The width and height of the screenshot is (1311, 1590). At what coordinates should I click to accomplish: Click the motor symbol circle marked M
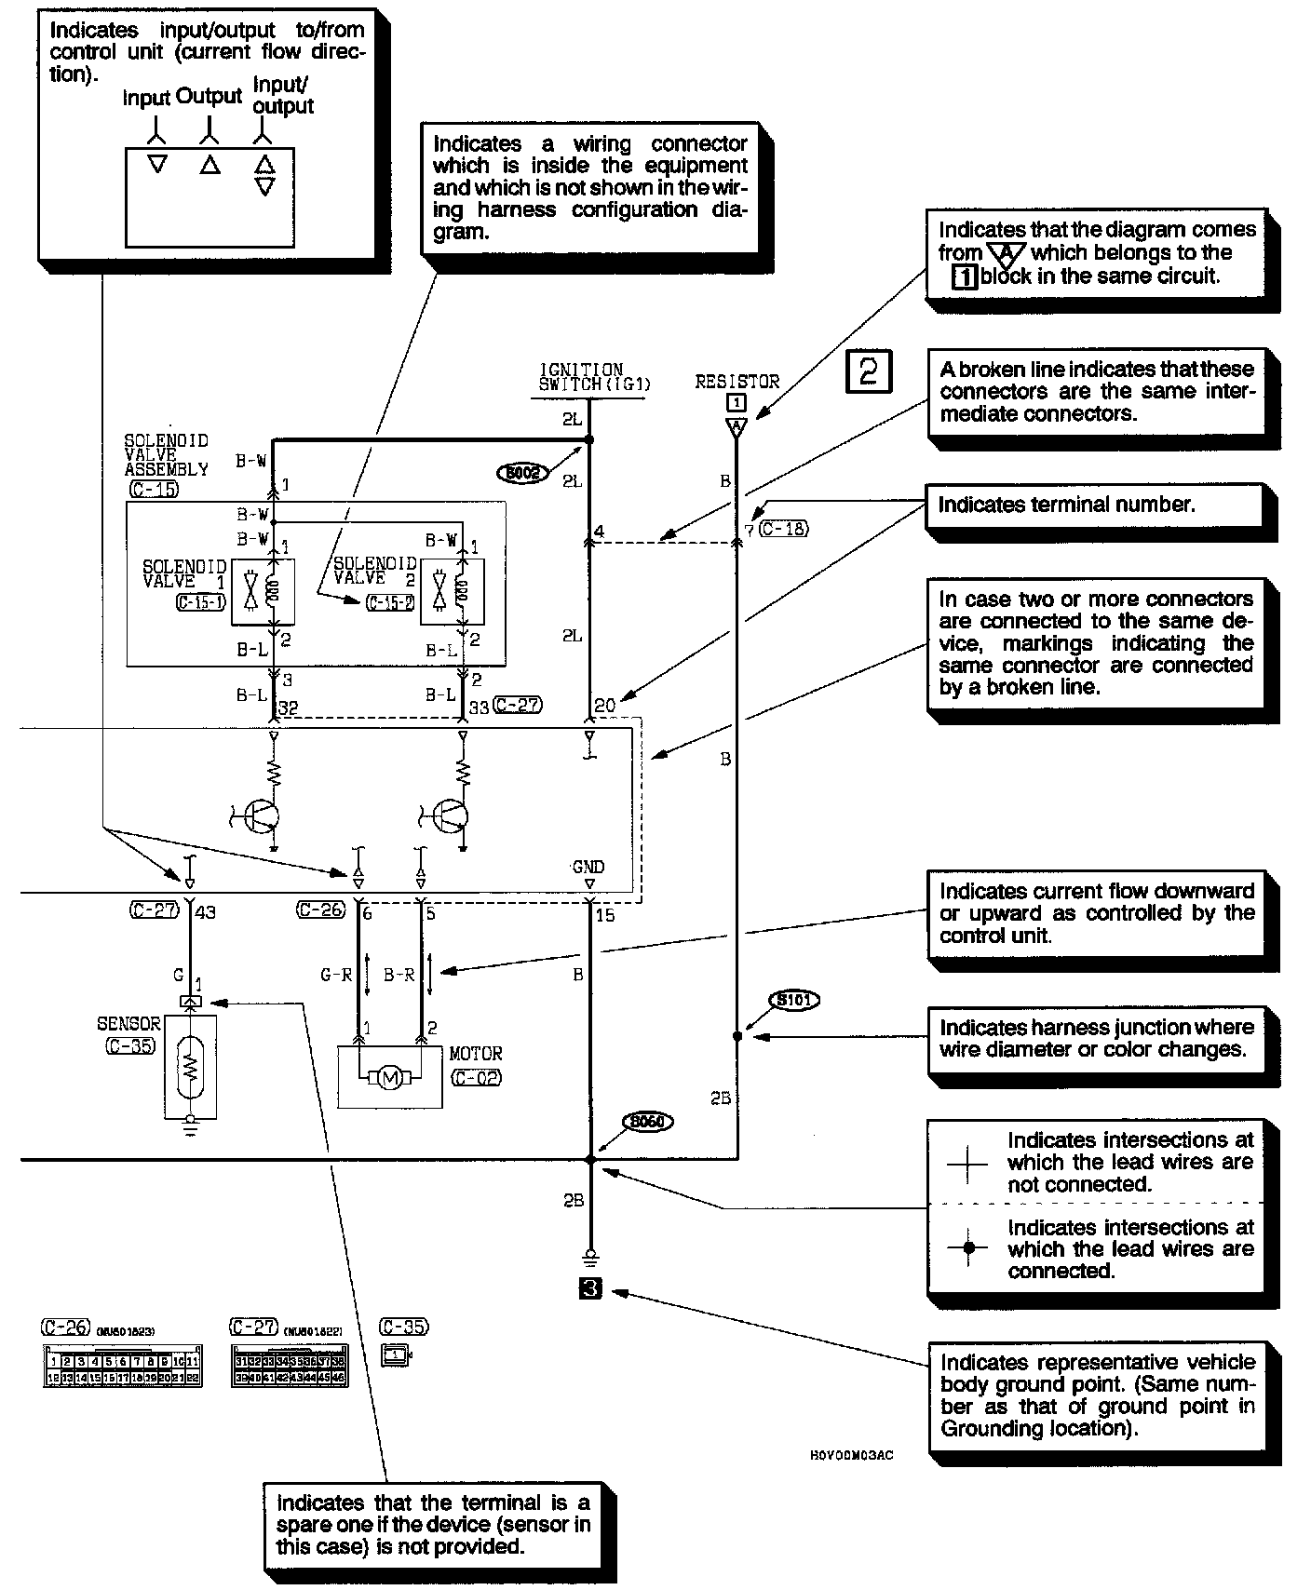coord(390,1079)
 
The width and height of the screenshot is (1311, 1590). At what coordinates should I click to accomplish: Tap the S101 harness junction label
coord(794,1001)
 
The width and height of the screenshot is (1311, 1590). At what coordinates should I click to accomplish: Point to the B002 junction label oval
coord(522,474)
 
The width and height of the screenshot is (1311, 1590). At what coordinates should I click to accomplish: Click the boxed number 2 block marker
coord(868,371)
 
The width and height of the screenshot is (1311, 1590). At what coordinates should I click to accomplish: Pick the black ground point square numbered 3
coord(590,1289)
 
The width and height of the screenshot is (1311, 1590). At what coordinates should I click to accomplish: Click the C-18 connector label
coord(784,529)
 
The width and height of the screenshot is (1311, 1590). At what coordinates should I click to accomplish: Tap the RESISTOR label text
coord(737,382)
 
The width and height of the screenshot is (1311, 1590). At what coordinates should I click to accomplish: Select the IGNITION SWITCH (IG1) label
coord(594,377)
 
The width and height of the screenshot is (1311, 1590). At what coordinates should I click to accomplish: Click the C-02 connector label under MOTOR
coord(475,1078)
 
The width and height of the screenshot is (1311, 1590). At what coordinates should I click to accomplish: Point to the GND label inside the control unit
coord(588,868)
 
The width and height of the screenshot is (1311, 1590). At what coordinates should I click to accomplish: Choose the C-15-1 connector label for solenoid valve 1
coord(200,602)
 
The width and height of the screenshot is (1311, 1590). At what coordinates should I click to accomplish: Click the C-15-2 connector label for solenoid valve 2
coord(390,603)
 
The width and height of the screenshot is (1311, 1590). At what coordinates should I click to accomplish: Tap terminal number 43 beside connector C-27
coord(204,912)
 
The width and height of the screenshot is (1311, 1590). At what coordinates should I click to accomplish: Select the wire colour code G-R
coord(336,975)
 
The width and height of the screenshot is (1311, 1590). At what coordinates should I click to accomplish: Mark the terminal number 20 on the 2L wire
coord(604,706)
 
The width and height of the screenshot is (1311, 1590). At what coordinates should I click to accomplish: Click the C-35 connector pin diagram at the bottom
coord(396,1355)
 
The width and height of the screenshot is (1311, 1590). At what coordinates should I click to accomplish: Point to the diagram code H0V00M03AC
coord(851,1455)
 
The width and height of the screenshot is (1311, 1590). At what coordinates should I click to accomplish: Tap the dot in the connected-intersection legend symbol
coord(968,1248)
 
